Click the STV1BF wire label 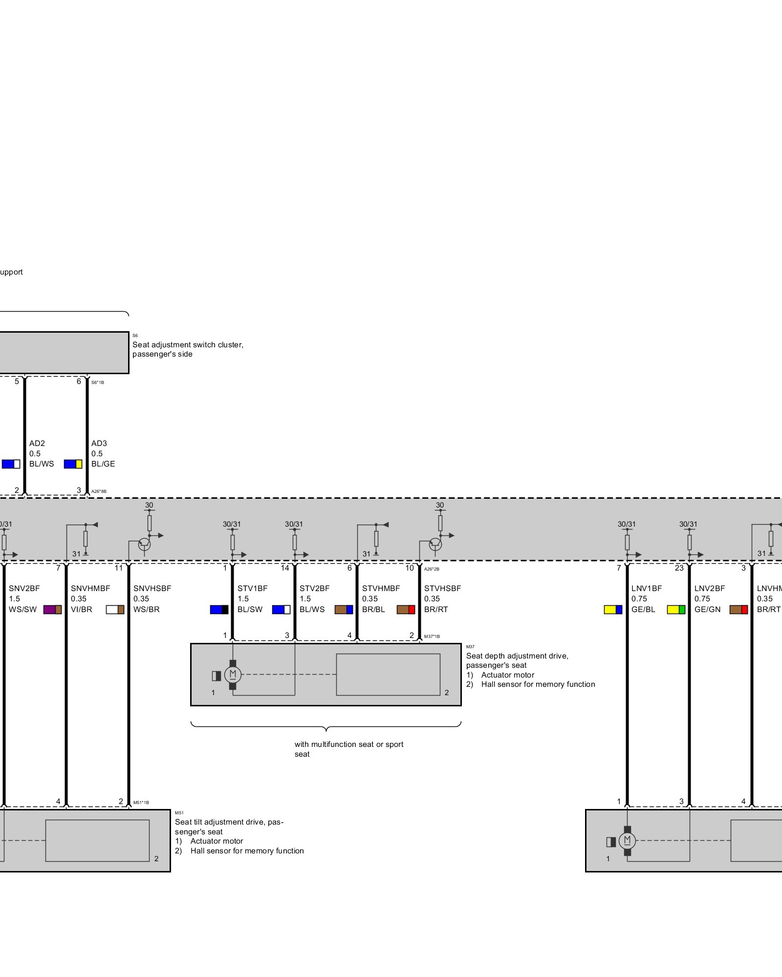252,588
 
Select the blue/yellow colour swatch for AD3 73,464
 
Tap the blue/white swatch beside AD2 11,464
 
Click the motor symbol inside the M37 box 233,675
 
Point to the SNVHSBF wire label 152,588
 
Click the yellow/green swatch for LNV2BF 676,610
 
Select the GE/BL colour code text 643,610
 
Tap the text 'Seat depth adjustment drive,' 517,656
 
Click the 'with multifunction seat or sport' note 348,744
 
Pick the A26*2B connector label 432,569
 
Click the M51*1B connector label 141,803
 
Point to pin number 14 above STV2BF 285,568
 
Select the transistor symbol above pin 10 435,544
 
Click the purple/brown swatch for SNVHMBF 52,610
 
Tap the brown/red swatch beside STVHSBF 406,610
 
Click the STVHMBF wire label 381,588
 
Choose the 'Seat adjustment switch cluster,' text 188,345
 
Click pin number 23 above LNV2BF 679,568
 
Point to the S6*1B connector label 98,382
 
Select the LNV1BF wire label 646,588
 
